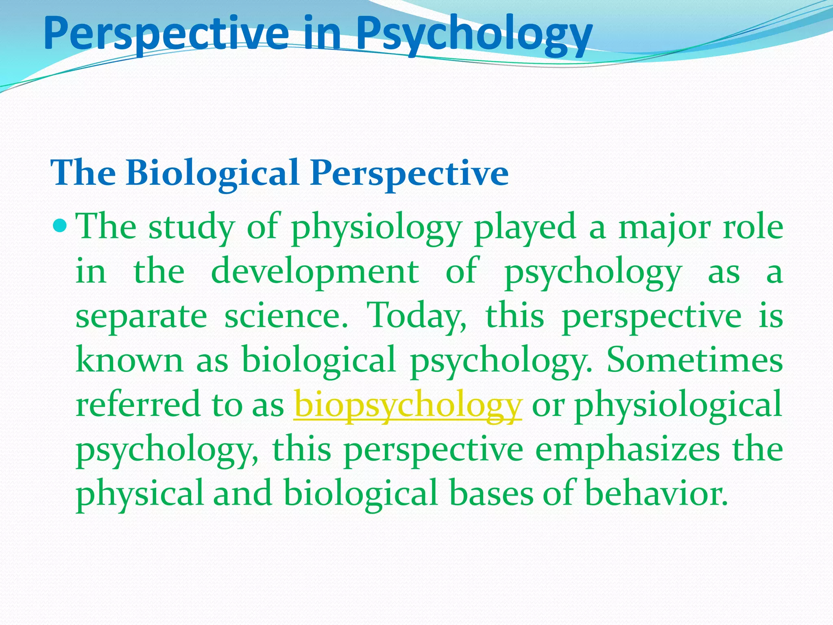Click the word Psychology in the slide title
[474, 35]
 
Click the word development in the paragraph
[315, 271]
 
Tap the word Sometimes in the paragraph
[694, 360]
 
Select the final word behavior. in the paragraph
[656, 493]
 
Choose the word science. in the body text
[286, 316]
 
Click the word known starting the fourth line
[129, 360]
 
